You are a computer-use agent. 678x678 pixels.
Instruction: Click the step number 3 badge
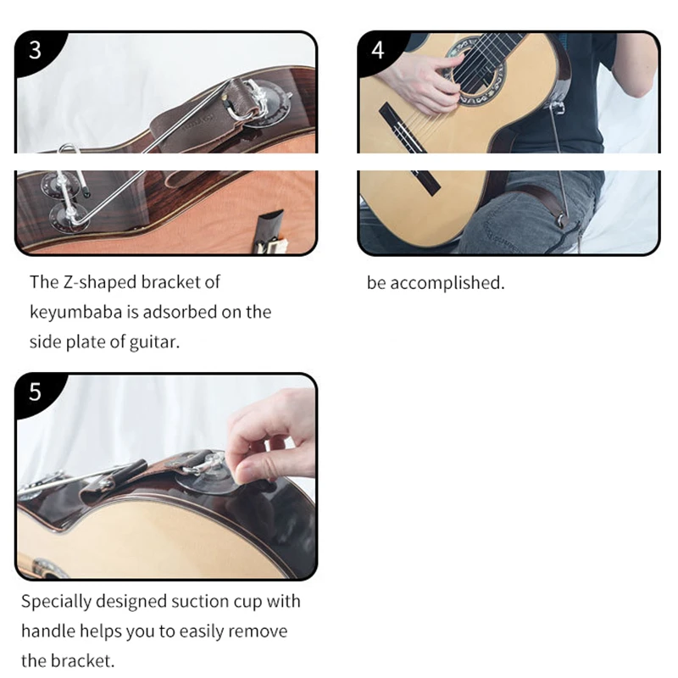tap(35, 50)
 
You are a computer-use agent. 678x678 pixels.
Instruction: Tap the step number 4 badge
tap(377, 50)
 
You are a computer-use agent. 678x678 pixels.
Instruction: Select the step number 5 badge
tap(35, 392)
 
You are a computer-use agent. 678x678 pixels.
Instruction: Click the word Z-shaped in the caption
tap(99, 282)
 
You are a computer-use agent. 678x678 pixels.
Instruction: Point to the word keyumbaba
tap(75, 312)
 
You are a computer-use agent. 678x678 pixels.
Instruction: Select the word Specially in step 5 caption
tap(56, 602)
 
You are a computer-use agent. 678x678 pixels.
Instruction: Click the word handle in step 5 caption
tap(48, 631)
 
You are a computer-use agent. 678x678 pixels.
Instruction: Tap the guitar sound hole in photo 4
tap(475, 70)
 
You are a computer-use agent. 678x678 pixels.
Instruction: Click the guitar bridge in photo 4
tap(409, 147)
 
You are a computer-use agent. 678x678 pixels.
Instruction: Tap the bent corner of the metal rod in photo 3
tap(75, 221)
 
